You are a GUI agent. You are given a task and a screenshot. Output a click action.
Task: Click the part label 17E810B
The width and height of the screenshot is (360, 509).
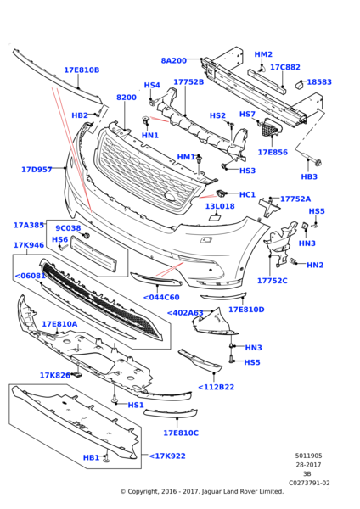click(82, 70)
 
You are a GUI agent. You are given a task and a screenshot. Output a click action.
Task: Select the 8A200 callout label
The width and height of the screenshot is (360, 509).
click(174, 61)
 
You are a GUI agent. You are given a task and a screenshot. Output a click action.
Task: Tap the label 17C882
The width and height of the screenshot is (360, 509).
click(285, 67)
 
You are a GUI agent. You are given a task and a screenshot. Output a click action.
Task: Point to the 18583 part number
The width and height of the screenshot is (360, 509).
click(320, 82)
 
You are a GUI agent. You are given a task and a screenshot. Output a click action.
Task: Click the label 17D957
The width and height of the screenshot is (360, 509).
click(37, 170)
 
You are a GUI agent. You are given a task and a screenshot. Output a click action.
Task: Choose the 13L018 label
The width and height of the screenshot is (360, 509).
click(220, 206)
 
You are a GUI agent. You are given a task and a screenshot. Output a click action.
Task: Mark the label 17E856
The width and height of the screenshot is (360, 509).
click(273, 153)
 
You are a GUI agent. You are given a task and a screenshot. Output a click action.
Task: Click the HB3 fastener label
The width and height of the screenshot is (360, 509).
click(309, 176)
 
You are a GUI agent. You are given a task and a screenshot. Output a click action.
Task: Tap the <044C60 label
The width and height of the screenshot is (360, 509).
click(160, 297)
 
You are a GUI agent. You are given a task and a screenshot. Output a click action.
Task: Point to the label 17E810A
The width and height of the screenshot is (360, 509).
click(59, 324)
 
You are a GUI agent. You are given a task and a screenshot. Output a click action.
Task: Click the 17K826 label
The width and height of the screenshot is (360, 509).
click(54, 375)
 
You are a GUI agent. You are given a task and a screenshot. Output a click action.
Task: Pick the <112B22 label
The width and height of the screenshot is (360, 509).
click(217, 387)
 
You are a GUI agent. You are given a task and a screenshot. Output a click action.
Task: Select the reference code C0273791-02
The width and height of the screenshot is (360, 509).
click(309, 484)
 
